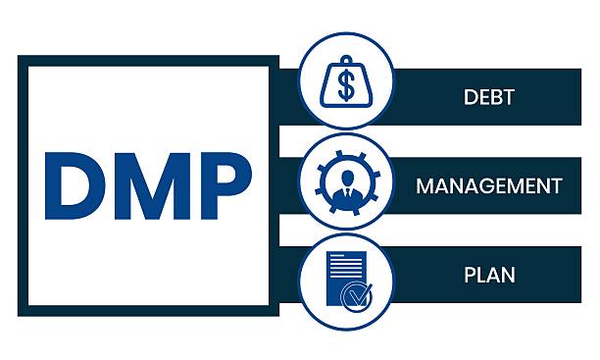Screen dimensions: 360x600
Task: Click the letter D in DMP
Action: (75, 186)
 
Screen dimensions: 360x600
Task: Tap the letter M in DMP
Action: (147, 186)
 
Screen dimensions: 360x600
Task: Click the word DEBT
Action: (489, 97)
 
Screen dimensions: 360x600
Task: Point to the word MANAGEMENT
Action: (489, 185)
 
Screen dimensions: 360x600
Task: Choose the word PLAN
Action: (489, 273)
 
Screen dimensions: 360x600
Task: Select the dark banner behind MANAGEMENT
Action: (578, 185)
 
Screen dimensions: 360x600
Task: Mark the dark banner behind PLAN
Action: (549, 273)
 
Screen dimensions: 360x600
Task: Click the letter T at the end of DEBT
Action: (510, 97)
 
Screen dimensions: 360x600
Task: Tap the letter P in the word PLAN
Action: (470, 273)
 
